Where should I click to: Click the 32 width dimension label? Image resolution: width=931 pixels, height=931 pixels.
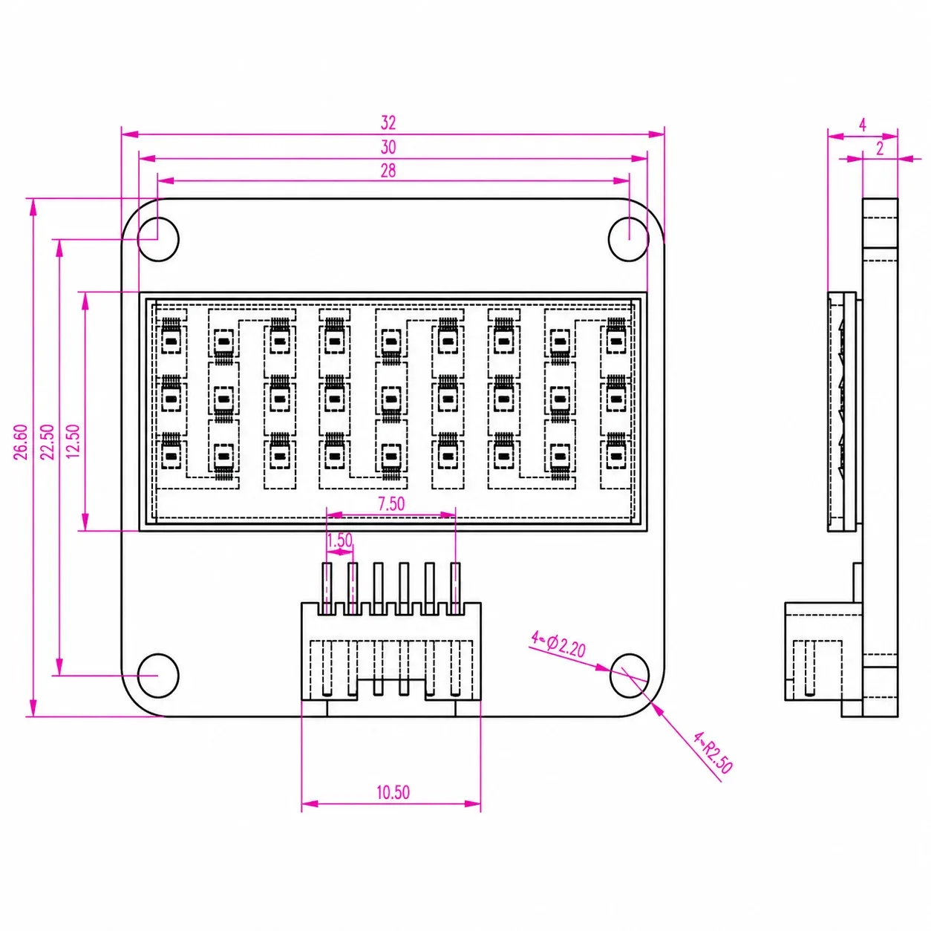388,122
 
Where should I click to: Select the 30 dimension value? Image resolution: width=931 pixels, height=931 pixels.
388,147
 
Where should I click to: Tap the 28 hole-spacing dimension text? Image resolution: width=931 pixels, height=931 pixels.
388,171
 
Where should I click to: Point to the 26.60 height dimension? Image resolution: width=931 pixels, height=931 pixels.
21,442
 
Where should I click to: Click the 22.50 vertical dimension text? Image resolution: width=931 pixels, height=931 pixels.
47,442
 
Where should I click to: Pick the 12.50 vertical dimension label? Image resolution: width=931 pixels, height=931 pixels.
73,442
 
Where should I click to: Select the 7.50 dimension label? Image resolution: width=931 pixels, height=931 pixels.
391,504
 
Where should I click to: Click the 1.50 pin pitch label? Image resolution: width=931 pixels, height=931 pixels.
339,540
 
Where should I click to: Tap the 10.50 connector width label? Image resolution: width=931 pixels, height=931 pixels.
393,792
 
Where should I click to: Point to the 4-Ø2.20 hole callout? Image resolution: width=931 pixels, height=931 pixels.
558,644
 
